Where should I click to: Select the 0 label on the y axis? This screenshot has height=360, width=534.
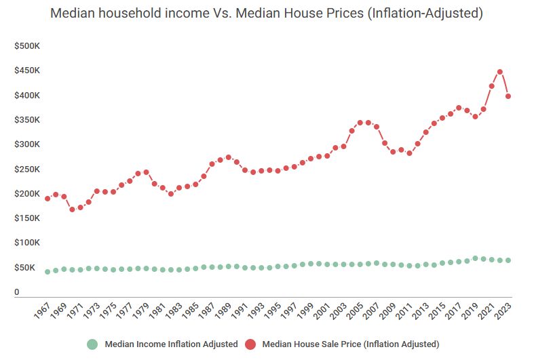coord(17,292)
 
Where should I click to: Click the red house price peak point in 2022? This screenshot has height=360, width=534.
coord(499,72)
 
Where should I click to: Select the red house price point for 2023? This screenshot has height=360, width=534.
coord(508,96)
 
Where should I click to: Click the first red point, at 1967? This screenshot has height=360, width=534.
coord(47,199)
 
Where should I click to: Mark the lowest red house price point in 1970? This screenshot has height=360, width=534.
coord(72,209)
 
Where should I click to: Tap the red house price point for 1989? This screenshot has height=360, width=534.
coord(228,157)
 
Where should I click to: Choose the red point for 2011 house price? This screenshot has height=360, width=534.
coord(409,153)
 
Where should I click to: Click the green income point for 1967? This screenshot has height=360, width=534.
coord(47,272)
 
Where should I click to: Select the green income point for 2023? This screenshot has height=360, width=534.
coord(508,260)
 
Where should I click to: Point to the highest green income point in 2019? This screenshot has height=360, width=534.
coord(475,258)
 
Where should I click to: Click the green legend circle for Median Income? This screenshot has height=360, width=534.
coord(94,344)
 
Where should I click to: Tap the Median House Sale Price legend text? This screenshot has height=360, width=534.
coord(351,344)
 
